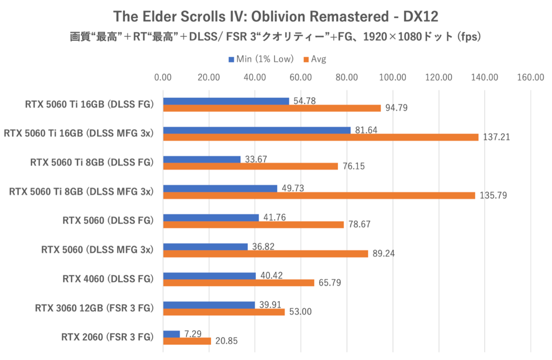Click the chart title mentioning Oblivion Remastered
pyautogui.click(x=276, y=17)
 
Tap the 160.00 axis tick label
pyautogui.click(x=531, y=77)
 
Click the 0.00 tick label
pyautogui.click(x=163, y=77)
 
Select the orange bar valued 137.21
pyautogui.click(x=321, y=137)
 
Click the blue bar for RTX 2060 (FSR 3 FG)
pyautogui.click(x=172, y=334)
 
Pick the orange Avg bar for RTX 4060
pyautogui.click(x=239, y=283)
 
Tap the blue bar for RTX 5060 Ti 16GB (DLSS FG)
pyautogui.click(x=226, y=101)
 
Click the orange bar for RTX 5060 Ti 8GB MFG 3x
pyautogui.click(x=319, y=195)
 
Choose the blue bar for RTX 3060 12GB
pyautogui.click(x=209, y=305)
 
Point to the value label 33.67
pyautogui.click(x=257, y=159)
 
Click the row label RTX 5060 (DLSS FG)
pyautogui.click(x=108, y=221)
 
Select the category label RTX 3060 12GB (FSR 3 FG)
pyautogui.click(x=94, y=308)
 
